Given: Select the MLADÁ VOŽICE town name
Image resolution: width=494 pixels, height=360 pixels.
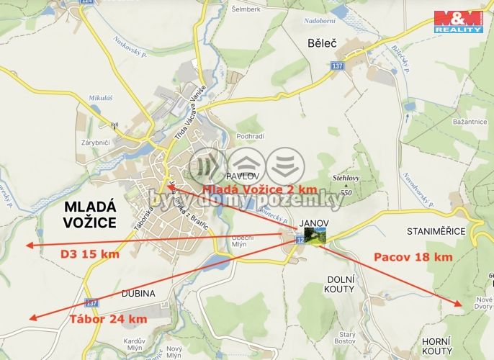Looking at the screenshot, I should (x=89, y=215).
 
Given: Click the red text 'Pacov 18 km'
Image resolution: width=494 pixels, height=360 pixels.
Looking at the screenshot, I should (x=413, y=257).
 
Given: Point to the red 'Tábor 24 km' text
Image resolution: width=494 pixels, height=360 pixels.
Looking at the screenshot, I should (x=108, y=319).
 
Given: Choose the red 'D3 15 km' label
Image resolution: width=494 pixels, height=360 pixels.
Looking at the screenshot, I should (x=89, y=254).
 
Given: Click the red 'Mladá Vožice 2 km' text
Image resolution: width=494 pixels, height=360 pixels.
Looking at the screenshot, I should (x=259, y=189).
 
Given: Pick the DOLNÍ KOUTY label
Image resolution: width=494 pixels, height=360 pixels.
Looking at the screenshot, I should (x=341, y=284).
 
